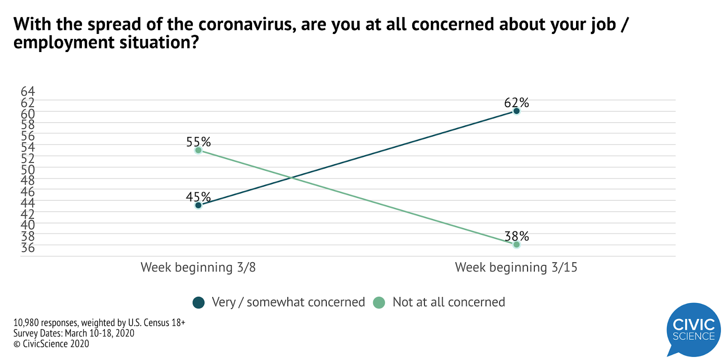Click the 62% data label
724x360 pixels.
click(516, 103)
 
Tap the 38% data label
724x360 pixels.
click(516, 236)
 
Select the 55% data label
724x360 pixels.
click(198, 142)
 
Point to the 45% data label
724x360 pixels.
click(198, 197)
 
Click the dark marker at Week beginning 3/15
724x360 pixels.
click(516, 111)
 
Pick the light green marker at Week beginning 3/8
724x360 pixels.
click(198, 150)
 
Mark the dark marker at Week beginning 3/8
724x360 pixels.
click(198, 205)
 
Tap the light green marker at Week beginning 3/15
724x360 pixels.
click(516, 245)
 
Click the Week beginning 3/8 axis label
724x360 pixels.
click(198, 267)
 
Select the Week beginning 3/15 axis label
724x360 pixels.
click(516, 267)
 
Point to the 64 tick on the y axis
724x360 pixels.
click(28, 91)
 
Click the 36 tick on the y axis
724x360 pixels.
click(28, 247)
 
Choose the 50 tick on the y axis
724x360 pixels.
click(28, 170)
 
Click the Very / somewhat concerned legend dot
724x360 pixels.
click(199, 303)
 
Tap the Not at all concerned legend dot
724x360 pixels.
click(379, 303)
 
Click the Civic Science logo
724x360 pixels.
click(693, 329)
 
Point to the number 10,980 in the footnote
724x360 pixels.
click(26, 323)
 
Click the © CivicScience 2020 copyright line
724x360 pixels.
click(51, 344)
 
